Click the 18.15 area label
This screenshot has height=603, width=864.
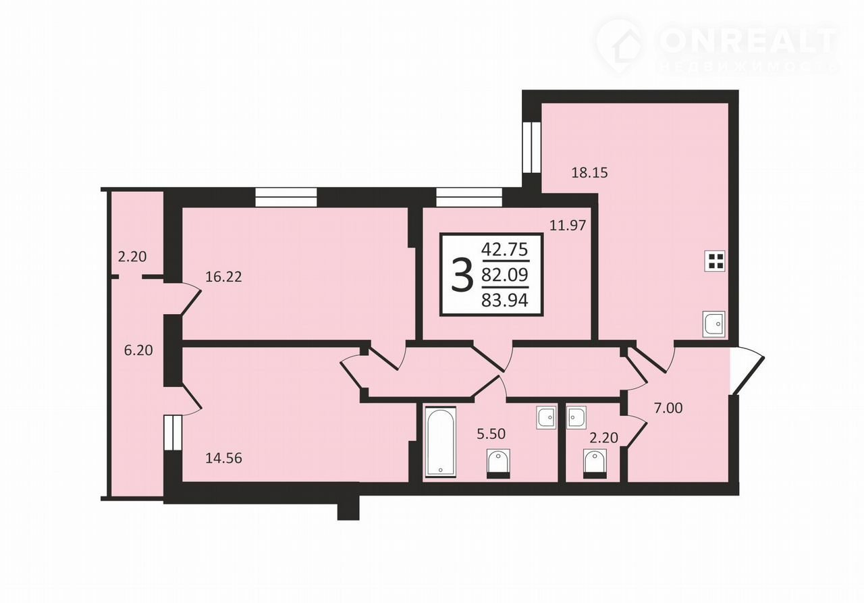[589, 173]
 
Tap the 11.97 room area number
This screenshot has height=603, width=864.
[568, 226]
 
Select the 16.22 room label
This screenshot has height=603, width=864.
[223, 277]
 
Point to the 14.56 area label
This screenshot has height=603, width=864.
[223, 458]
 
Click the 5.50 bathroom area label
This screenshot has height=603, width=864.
[491, 434]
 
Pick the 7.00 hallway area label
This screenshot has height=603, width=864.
[668, 408]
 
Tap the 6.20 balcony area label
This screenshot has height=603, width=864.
[138, 350]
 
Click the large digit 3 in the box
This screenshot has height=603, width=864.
[462, 275]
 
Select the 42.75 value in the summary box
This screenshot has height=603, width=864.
[504, 250]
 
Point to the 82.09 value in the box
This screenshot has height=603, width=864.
[504, 275]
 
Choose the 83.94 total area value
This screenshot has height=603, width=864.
[504, 300]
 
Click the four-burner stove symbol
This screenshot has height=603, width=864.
[715, 261]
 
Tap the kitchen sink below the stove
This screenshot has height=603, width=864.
[713, 324]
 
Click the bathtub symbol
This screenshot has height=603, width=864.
[441, 442]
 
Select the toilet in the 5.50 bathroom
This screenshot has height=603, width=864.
[498, 464]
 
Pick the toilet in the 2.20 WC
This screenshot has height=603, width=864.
[595, 464]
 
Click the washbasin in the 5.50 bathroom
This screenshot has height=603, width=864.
[546, 418]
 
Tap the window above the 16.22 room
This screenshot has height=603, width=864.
[286, 197]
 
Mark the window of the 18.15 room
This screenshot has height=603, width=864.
[532, 148]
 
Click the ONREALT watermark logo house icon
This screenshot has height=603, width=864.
[620, 47]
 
